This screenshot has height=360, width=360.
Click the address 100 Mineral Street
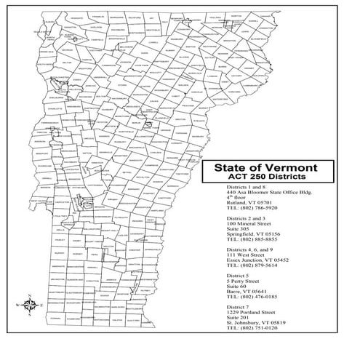[249, 224]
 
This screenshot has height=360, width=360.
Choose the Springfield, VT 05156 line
[254, 235]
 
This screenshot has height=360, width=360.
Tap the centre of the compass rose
[27, 305]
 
